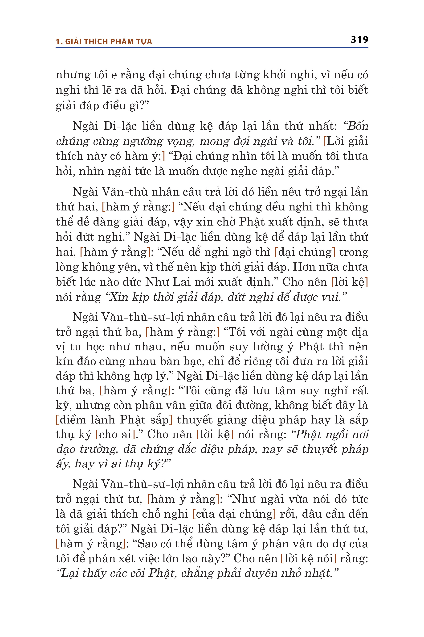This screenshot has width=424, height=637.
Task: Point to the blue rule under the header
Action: pos(212,48)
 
